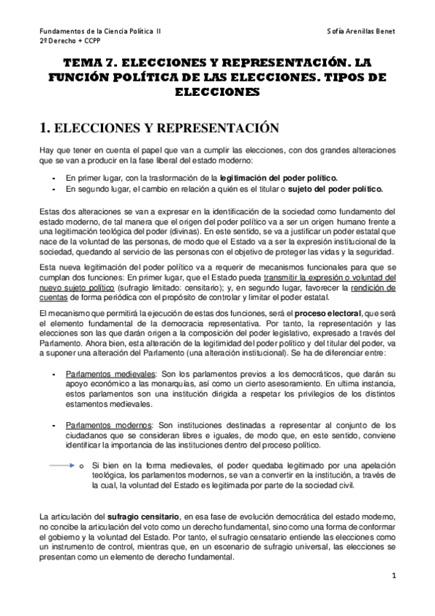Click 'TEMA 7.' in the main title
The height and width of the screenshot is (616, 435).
[89, 64]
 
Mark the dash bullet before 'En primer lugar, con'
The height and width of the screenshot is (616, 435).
[54, 177]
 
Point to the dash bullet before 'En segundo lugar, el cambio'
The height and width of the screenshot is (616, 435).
[54, 189]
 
